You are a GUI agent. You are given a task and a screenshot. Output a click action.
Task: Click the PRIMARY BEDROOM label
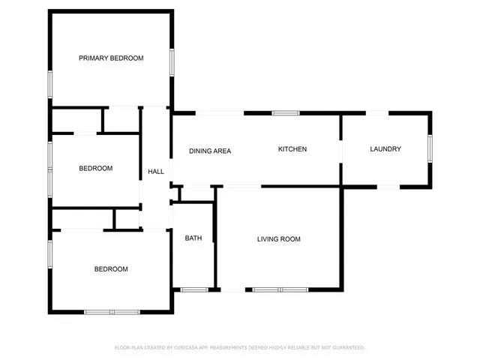tap(111, 58)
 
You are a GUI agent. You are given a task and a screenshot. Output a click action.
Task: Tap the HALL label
tap(156, 172)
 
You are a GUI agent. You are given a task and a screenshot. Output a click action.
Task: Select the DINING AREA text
tap(210, 151)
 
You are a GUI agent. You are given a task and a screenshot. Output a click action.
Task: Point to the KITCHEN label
tap(292, 149)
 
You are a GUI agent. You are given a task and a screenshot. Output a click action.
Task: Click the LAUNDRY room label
tap(385, 149)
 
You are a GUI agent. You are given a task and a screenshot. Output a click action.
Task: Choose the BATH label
tap(193, 238)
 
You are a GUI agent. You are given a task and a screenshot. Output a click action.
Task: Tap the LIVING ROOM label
tap(279, 239)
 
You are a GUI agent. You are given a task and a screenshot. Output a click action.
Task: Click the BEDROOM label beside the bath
tap(110, 269)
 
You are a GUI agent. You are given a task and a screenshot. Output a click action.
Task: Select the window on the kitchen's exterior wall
tap(285, 113)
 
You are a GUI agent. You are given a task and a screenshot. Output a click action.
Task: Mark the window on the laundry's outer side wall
tap(430, 148)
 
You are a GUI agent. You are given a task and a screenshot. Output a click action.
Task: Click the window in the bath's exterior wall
tap(194, 289)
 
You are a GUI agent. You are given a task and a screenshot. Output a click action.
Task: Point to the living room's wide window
tap(280, 289)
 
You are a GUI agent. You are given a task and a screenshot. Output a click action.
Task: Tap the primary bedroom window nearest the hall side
tap(172, 62)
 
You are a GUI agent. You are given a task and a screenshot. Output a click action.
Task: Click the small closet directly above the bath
tap(193, 194)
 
